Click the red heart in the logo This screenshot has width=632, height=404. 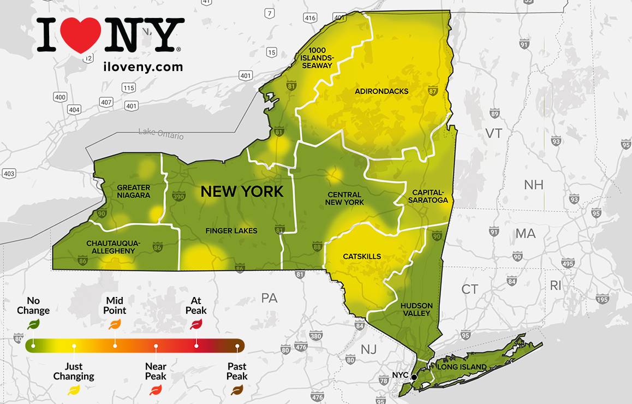click(x=80, y=34)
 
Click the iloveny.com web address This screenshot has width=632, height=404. click(x=142, y=67)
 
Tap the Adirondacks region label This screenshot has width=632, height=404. click(x=381, y=91)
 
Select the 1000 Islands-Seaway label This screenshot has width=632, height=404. click(x=317, y=58)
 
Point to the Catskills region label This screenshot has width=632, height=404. click(x=362, y=256)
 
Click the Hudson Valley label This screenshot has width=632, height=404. click(x=416, y=309)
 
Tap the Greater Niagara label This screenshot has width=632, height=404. click(x=134, y=191)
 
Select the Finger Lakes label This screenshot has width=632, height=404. click(x=231, y=231)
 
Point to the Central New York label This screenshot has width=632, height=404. click(x=344, y=198)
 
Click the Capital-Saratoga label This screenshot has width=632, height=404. click(x=430, y=196)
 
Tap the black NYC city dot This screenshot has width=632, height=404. click(x=414, y=377)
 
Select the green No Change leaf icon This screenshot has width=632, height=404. click(x=33, y=325)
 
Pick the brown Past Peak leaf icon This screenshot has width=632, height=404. click(x=237, y=390)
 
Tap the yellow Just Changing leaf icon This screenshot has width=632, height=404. click(x=74, y=390)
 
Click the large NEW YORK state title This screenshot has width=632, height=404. click(x=242, y=192)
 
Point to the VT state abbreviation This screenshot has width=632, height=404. click(x=493, y=134)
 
